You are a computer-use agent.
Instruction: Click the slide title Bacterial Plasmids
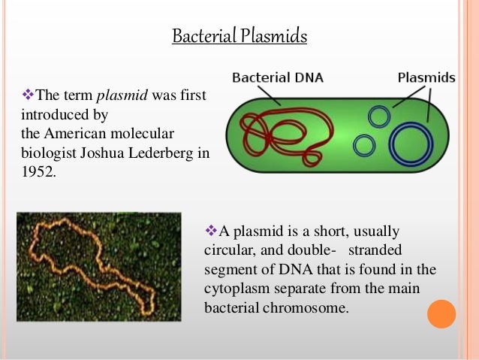pyautogui.click(x=239, y=36)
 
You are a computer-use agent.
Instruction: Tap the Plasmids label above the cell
pyautogui.click(x=426, y=77)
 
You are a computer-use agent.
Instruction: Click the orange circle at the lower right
pyautogui.click(x=441, y=314)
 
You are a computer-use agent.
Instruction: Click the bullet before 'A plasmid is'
pyautogui.click(x=210, y=231)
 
